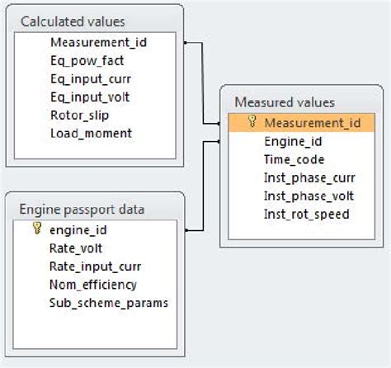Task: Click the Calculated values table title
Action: pos(73,21)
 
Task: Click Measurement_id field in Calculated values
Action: pos(98,41)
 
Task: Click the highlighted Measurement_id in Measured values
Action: pos(312,123)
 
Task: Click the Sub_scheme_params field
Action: pos(109,302)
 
